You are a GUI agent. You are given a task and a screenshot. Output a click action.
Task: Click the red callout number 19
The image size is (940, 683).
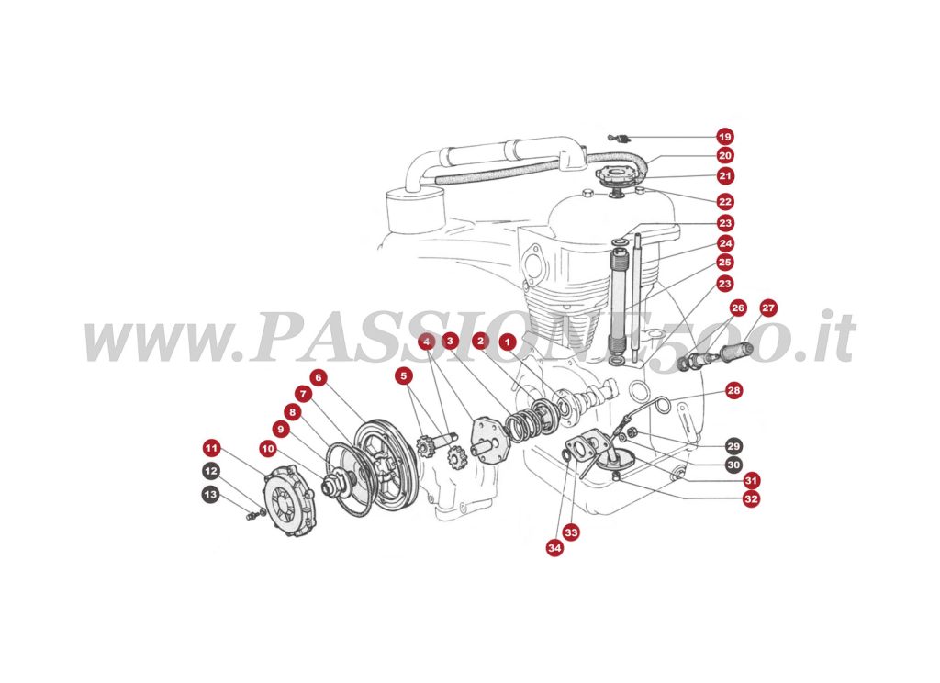pyautogui.click(x=725, y=137)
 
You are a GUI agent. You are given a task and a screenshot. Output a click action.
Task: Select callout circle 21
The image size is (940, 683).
pyautogui.click(x=725, y=175)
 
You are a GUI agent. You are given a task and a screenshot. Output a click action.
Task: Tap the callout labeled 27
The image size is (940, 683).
pyautogui.click(x=768, y=308)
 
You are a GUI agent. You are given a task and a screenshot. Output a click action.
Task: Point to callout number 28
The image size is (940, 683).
pyautogui.click(x=733, y=390)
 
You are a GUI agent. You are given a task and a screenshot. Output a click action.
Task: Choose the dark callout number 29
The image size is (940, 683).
pyautogui.click(x=733, y=446)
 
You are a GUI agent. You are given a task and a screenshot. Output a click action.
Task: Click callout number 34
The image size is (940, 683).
pyautogui.click(x=554, y=548)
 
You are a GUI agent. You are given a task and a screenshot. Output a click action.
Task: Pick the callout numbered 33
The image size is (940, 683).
pyautogui.click(x=572, y=532)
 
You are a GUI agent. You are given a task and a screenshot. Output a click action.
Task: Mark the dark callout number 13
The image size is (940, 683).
pyautogui.click(x=211, y=494)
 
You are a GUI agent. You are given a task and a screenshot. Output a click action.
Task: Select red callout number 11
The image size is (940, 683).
pyautogui.click(x=211, y=448)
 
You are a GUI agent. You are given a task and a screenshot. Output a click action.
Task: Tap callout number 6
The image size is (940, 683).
pyautogui.click(x=318, y=376)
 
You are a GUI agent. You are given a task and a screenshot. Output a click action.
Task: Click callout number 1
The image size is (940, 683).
pyautogui.click(x=507, y=341)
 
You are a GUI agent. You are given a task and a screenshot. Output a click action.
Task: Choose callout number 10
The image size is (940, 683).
pyautogui.click(x=267, y=449)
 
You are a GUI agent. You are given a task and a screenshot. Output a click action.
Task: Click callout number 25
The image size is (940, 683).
pyautogui.click(x=725, y=263)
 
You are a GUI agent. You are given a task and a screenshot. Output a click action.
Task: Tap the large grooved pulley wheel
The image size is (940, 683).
pyautogui.click(x=386, y=464)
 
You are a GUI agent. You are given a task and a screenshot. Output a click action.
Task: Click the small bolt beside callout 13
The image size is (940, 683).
pyautogui.click(x=251, y=515)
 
